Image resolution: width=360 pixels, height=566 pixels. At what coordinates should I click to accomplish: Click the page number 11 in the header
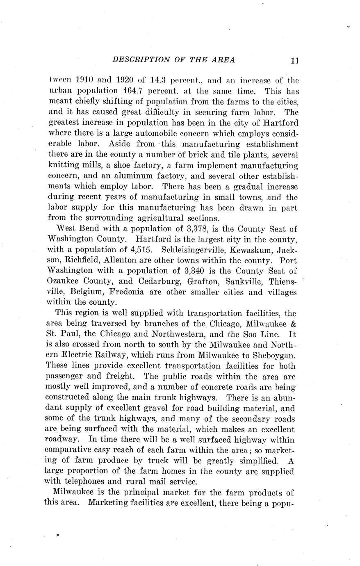tap(294, 60)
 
